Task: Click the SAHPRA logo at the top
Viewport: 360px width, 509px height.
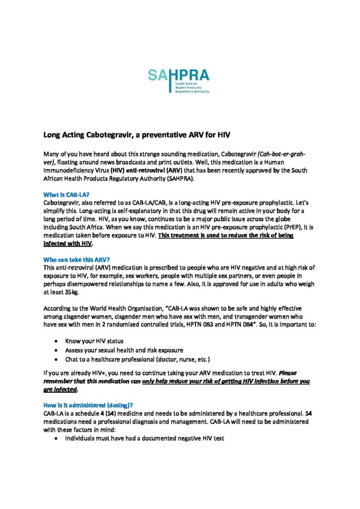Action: [179, 81]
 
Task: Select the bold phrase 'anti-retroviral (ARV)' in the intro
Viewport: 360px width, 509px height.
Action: [156, 170]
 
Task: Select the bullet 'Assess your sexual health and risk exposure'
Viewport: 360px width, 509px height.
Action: [124, 350]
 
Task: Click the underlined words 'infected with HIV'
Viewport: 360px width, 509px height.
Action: [68, 245]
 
